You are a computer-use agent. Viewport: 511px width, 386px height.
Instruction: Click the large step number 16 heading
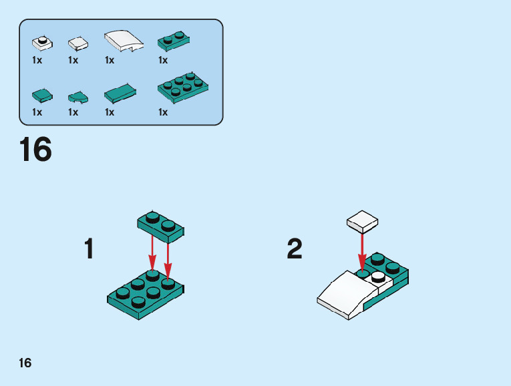pyautogui.click(x=35, y=150)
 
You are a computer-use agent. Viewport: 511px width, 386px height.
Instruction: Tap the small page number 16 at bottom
pyautogui.click(x=25, y=363)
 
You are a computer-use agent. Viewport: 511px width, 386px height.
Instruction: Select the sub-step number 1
pyautogui.click(x=89, y=249)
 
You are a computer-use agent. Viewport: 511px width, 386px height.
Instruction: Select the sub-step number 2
pyautogui.click(x=294, y=249)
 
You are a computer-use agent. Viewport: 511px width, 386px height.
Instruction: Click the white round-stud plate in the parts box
pyautogui.click(x=41, y=43)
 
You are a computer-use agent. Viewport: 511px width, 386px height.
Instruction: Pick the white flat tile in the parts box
pyautogui.click(x=78, y=44)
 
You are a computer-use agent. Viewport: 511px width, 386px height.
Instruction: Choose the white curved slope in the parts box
pyautogui.click(x=124, y=41)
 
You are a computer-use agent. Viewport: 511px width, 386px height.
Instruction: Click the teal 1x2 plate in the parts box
pyautogui.click(x=172, y=41)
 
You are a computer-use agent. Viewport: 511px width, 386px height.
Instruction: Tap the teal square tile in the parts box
pyautogui.click(x=41, y=95)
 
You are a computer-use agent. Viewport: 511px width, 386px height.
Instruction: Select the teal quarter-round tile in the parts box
pyautogui.click(x=78, y=97)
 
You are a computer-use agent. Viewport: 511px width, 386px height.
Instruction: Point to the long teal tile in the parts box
pyautogui.click(x=121, y=93)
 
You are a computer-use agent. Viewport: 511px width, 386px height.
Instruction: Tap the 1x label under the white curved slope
pyautogui.click(x=110, y=61)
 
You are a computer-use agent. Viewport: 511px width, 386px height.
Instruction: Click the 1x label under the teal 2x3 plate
pyautogui.click(x=163, y=112)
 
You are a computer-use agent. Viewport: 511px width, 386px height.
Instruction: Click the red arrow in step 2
pyautogui.click(x=362, y=252)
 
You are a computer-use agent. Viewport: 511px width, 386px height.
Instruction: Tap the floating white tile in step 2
pyautogui.click(x=362, y=220)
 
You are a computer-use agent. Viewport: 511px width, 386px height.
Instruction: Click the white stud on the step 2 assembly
pyautogui.click(x=378, y=276)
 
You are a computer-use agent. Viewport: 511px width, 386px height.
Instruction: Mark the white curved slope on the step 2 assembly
pyautogui.click(x=344, y=292)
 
